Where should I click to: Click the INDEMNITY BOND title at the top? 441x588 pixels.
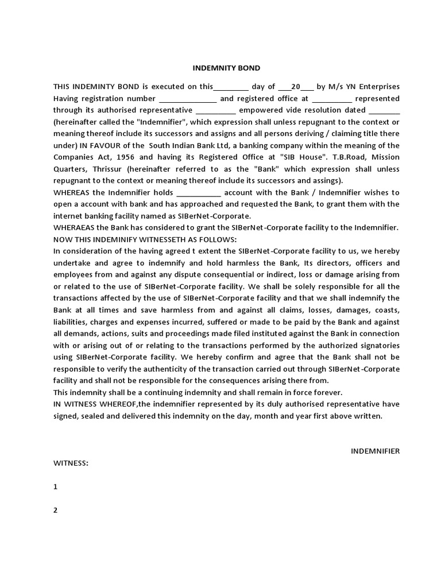(226, 68)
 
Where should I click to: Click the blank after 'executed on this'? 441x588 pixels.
(231, 87)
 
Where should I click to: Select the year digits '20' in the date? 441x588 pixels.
(296, 87)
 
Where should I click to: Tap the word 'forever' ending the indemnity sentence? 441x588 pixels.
(329, 392)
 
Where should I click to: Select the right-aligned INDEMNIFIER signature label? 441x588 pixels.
(375, 451)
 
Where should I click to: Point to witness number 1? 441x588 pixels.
(56, 486)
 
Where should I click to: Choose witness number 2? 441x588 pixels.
(56, 510)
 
